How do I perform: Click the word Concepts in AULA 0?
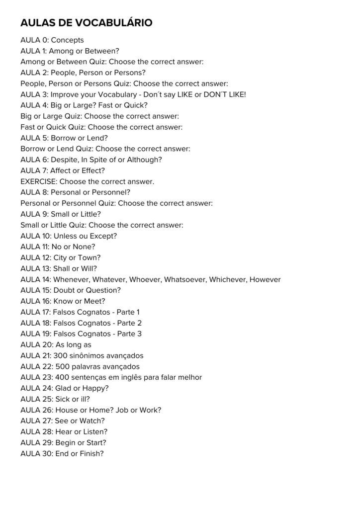click(x=67, y=40)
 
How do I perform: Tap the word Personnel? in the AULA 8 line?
click(x=119, y=192)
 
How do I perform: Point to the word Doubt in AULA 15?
click(x=64, y=290)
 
